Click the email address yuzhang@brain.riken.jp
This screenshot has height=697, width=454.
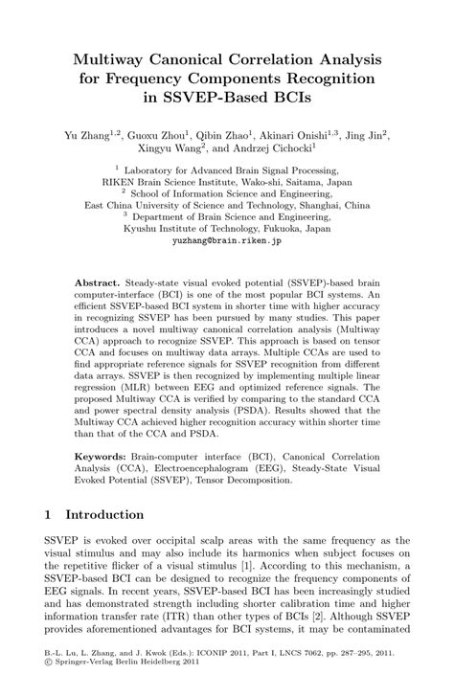(226, 242)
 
